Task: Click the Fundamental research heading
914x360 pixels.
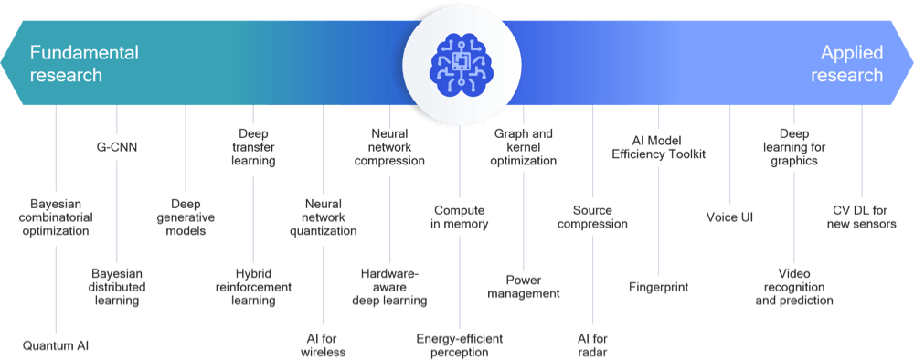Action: pos(84,63)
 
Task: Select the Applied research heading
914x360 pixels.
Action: pos(846,63)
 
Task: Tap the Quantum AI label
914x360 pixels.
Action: pos(56,345)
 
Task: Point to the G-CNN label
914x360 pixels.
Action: pos(117,147)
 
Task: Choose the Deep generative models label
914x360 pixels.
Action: pos(186,217)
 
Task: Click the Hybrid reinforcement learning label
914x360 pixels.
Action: pos(253,287)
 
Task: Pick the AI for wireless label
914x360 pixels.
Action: pos(323,345)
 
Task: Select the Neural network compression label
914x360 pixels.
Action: pos(389,147)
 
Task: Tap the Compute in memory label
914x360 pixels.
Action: pos(460,217)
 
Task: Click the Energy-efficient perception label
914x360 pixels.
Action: pos(460,345)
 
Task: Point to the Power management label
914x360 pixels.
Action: pos(524,286)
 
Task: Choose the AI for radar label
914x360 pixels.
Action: pos(592,345)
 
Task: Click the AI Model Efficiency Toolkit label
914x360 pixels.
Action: pos(659,147)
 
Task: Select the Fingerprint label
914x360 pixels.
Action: pos(659,287)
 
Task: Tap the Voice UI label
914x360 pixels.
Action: pos(729,217)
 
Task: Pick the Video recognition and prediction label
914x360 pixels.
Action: pos(794,287)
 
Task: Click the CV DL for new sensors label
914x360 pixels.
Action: pos(862,217)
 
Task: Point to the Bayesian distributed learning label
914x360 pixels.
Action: pos(118,287)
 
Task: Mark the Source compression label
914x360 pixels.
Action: pos(592,217)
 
